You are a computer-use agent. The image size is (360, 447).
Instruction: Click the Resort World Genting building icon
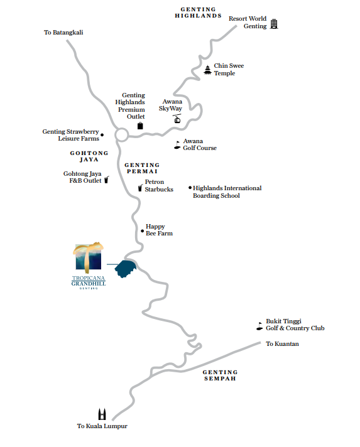coord(274,24)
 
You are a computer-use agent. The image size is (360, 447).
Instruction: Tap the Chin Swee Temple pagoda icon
coord(208,70)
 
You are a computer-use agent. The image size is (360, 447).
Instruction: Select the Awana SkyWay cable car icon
coord(177,119)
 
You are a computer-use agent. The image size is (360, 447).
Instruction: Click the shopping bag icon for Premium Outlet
coord(140,126)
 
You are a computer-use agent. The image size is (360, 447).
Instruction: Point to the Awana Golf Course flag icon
coord(177,145)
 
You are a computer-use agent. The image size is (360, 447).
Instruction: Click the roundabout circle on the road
coord(121,135)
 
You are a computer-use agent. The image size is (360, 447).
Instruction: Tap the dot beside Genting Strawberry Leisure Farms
coord(102,135)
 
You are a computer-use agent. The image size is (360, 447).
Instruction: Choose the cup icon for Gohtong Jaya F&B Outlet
coord(106,180)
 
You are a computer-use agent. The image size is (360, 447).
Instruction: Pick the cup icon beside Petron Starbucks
coord(140,188)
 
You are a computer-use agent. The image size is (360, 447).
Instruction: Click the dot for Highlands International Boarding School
coord(190,188)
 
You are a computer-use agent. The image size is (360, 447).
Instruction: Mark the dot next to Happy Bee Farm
coord(143,231)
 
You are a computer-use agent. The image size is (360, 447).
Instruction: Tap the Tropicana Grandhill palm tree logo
coord(88,257)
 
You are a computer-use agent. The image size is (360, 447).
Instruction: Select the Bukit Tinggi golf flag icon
coord(259,326)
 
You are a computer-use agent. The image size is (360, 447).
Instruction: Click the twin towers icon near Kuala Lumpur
coord(102,414)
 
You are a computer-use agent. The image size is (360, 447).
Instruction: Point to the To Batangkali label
coord(63,32)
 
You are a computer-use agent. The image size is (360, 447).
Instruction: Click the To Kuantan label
coord(283,344)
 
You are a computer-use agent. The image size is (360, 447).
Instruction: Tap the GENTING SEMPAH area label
coord(220,375)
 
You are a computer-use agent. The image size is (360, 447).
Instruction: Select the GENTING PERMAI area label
coord(142,168)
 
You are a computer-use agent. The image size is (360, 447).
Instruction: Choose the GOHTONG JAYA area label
coord(89,156)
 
